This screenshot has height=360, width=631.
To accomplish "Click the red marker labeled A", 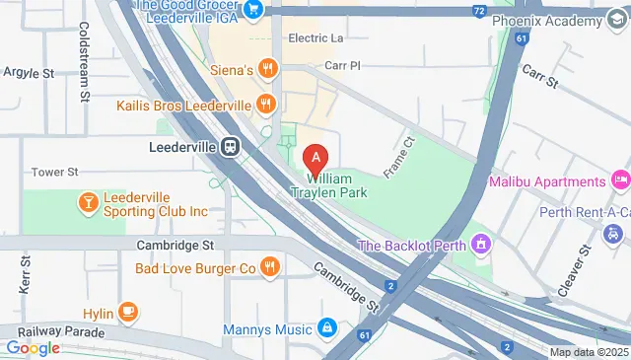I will pyautogui.click(x=315, y=158).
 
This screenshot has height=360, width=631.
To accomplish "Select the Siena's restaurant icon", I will pyautogui.click(x=267, y=70).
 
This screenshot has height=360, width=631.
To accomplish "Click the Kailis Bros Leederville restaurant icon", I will pyautogui.click(x=265, y=105).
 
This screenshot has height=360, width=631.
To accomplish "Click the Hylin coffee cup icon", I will pyautogui.click(x=127, y=313).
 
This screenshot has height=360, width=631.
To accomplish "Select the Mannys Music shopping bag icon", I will pyautogui.click(x=327, y=328).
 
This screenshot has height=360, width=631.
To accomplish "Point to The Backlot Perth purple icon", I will pyautogui.click(x=480, y=244).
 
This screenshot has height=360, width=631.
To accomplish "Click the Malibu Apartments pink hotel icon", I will pyautogui.click(x=620, y=181).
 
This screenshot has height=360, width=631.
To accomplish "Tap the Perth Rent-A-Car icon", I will pyautogui.click(x=613, y=234).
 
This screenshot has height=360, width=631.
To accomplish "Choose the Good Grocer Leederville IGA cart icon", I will pyautogui.click(x=253, y=10).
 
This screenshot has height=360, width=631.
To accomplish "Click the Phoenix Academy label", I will pyautogui.click(x=547, y=22).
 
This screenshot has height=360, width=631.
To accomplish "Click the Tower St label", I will pyautogui.click(x=54, y=172).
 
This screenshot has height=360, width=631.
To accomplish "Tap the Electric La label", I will pyautogui.click(x=315, y=38).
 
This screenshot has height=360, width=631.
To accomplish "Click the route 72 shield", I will pyautogui.click(x=478, y=9).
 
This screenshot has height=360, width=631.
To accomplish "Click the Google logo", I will pyautogui.click(x=33, y=347).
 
